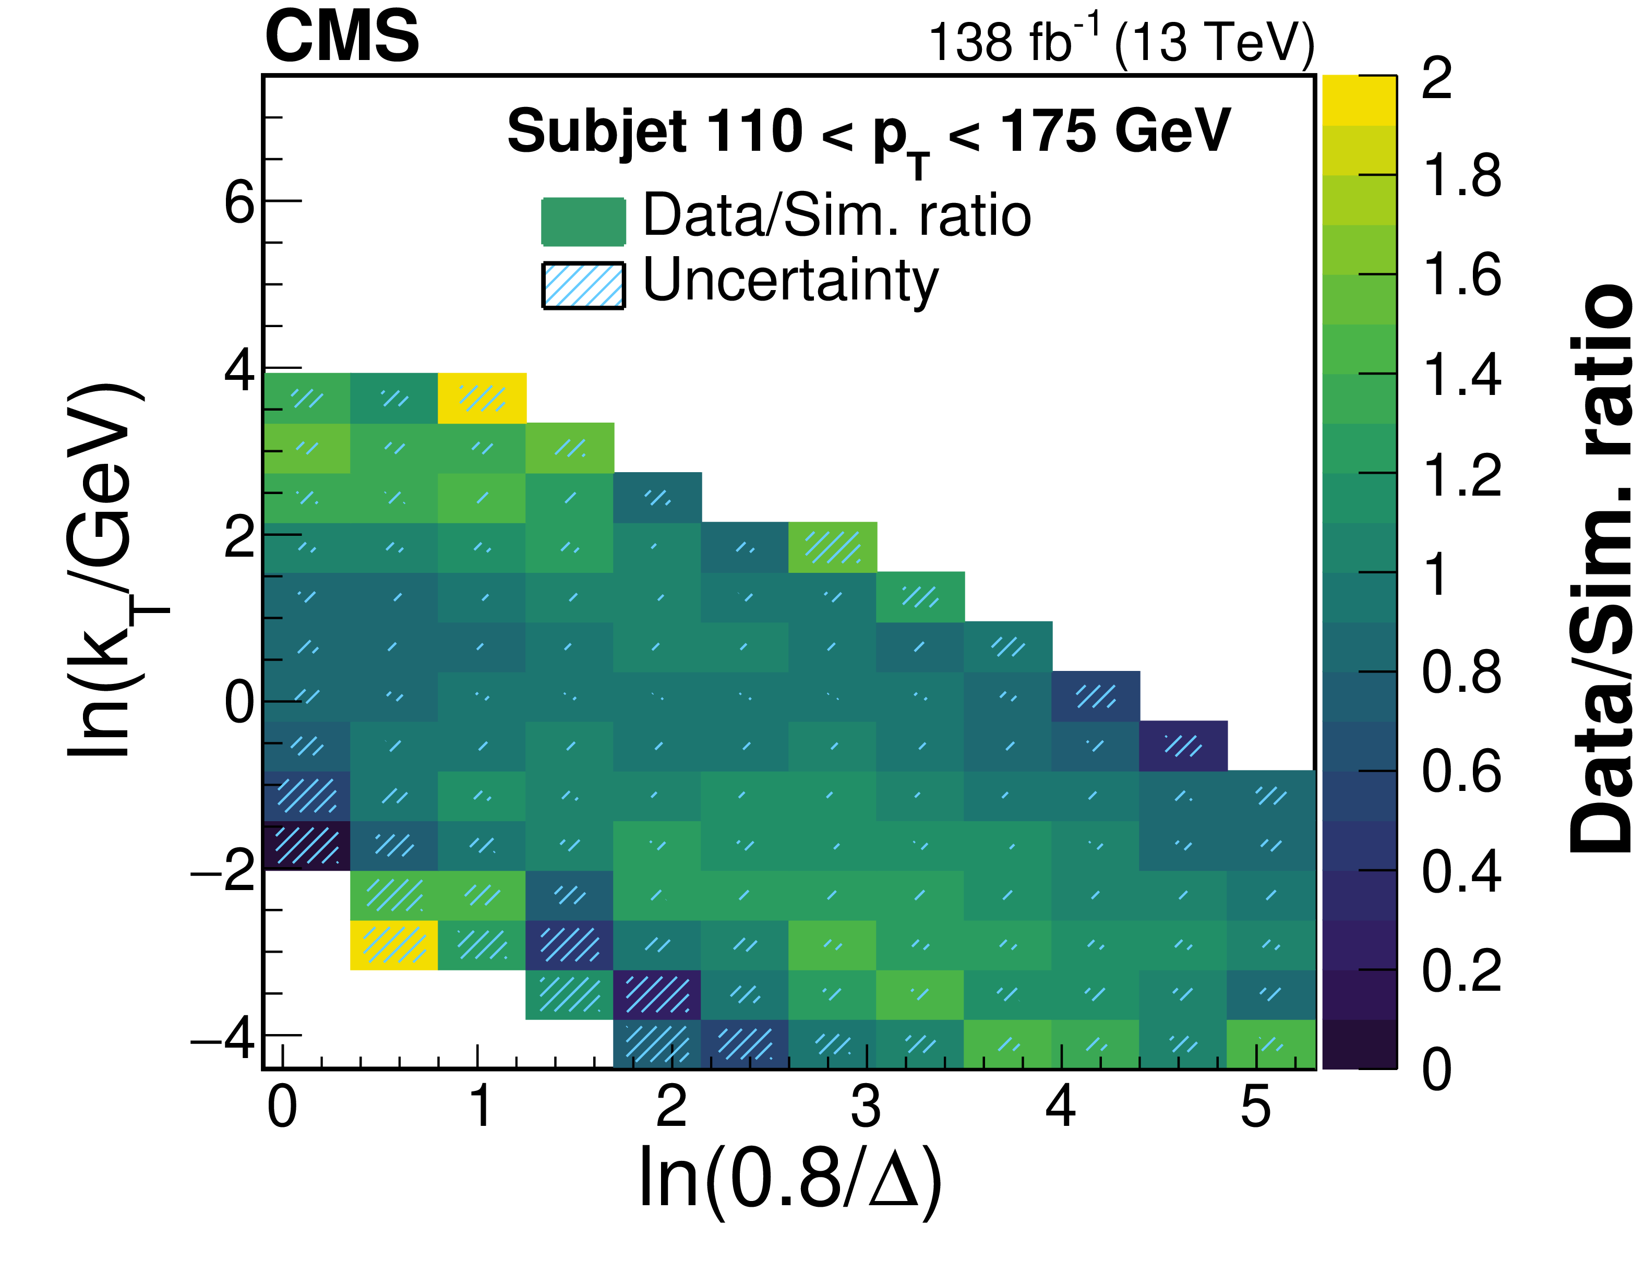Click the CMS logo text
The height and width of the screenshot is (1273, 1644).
[342, 38]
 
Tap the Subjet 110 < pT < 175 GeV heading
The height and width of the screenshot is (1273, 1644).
[869, 134]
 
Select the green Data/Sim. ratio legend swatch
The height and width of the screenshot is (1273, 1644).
[583, 221]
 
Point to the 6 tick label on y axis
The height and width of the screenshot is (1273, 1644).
[240, 202]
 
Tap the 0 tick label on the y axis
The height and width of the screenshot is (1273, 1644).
[240, 703]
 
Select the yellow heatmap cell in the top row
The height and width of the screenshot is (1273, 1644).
[482, 398]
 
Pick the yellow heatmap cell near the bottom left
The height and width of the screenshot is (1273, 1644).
[394, 945]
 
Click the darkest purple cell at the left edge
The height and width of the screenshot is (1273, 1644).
[306, 845]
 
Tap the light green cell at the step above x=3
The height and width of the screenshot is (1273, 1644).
[833, 547]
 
